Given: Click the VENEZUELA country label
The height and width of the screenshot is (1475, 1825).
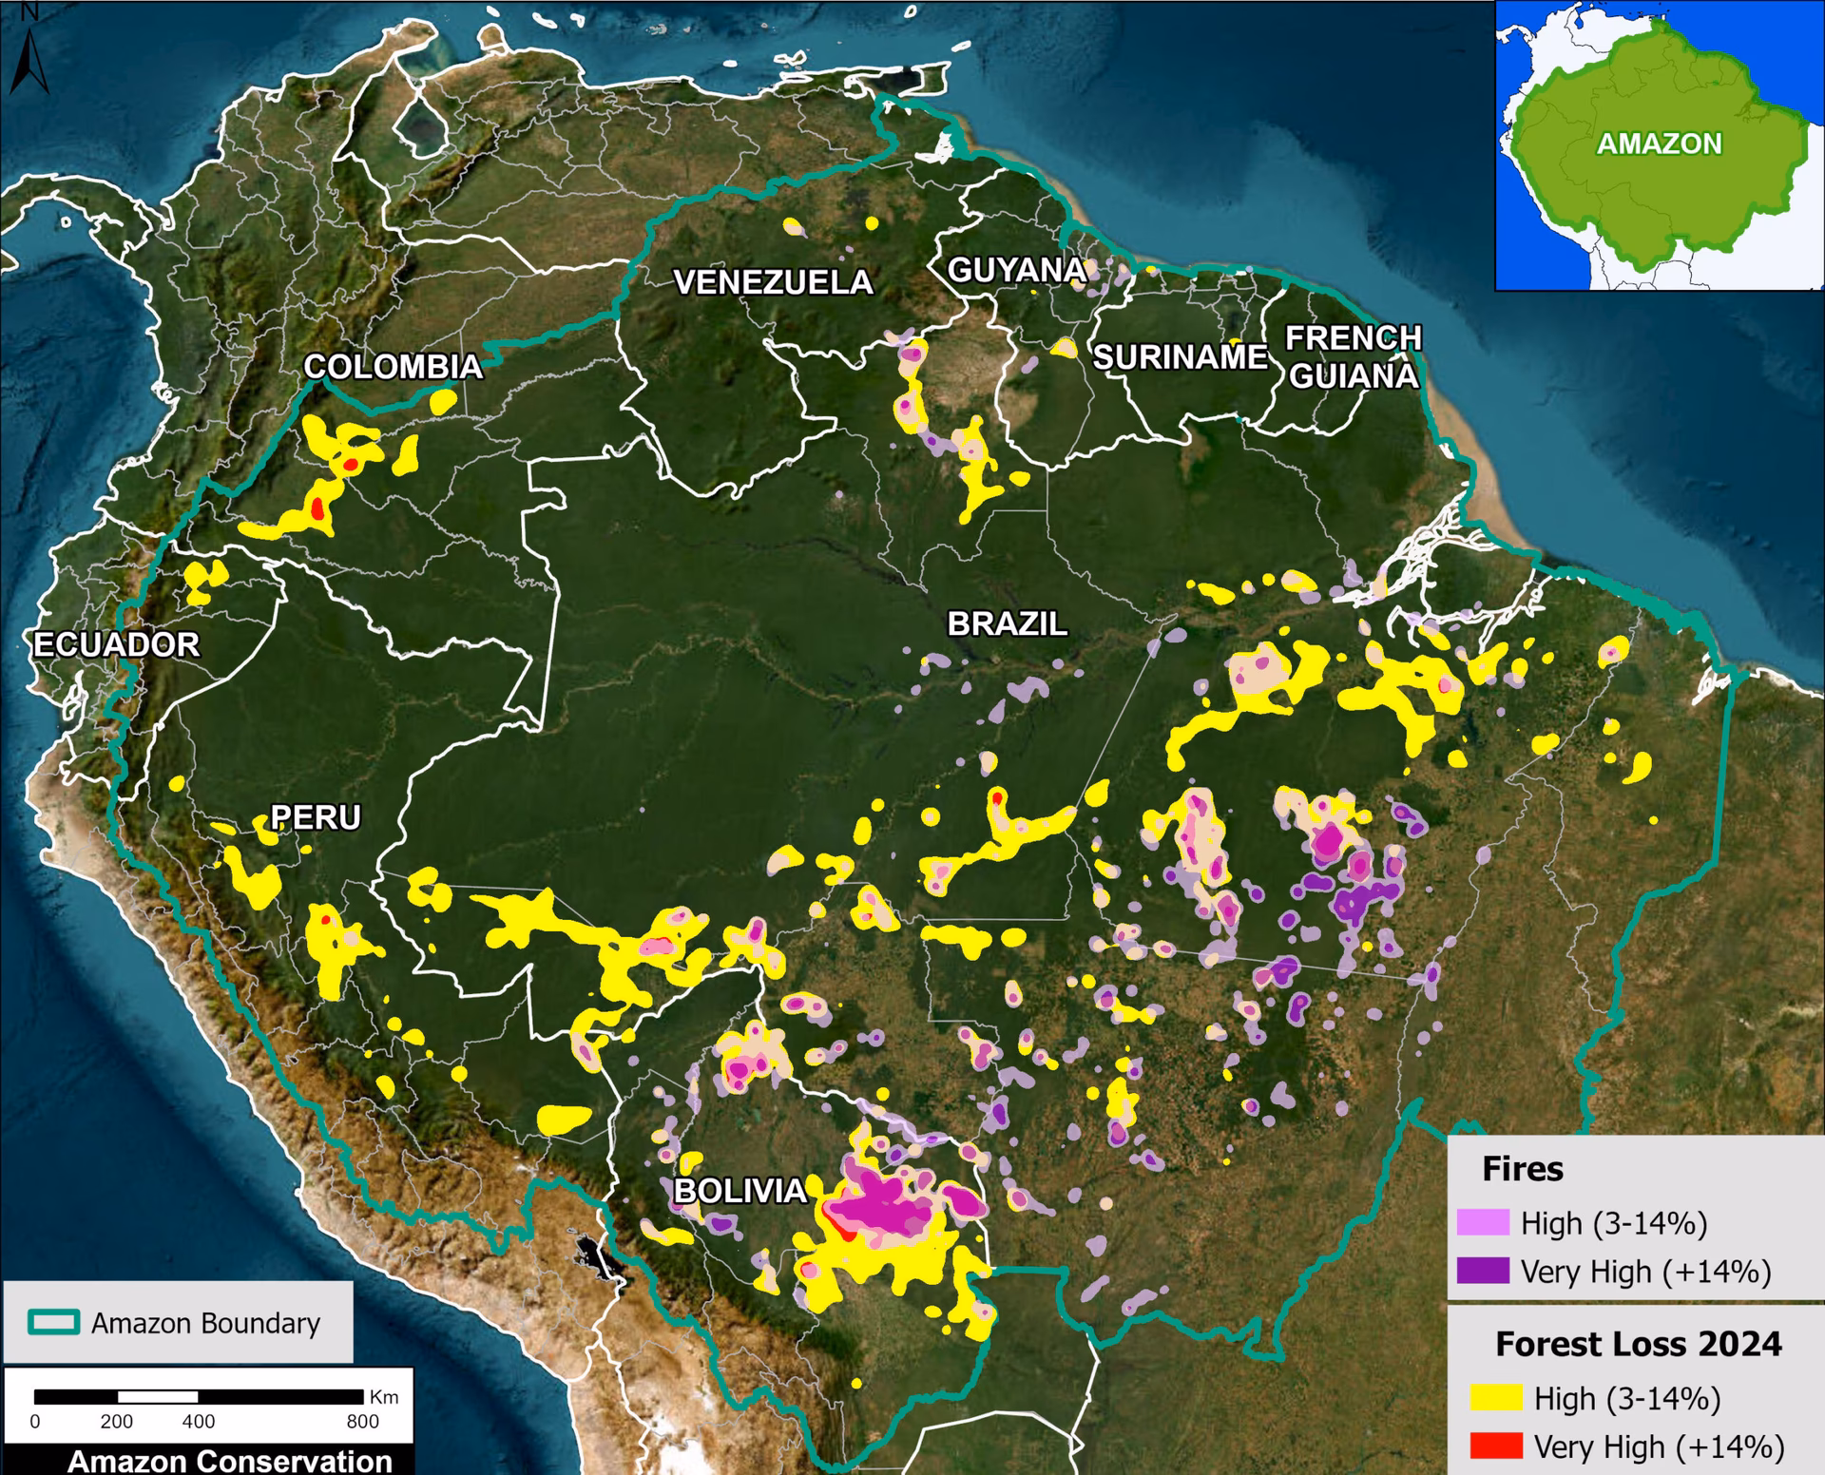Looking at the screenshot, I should pyautogui.click(x=772, y=282).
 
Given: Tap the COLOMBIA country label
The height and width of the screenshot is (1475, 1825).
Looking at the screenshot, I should pyautogui.click(x=392, y=367).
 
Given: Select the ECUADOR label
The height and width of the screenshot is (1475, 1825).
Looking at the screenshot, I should pyautogui.click(x=116, y=645).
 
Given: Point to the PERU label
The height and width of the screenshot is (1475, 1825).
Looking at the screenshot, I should pyautogui.click(x=316, y=817).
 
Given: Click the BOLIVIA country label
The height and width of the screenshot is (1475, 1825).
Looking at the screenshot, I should pyautogui.click(x=740, y=1191).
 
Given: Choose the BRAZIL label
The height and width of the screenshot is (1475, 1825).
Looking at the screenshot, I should pyautogui.click(x=1007, y=624).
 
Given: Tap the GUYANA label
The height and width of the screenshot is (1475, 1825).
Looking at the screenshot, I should pyautogui.click(x=1016, y=271).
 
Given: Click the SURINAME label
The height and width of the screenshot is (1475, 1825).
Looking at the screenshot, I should pyautogui.click(x=1180, y=357).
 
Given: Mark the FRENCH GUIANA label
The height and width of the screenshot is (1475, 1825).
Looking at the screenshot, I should pyautogui.click(x=1353, y=357).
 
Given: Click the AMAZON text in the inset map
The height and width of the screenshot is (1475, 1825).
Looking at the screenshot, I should pyautogui.click(x=1659, y=144).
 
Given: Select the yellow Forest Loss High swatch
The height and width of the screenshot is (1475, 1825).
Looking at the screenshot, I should pyautogui.click(x=1496, y=1398).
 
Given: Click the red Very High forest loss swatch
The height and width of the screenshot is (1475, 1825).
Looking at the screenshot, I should pyautogui.click(x=1496, y=1446).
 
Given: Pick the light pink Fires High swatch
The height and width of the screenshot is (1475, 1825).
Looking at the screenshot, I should pyautogui.click(x=1483, y=1222).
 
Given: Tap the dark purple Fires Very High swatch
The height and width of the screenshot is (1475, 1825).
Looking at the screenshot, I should pyautogui.click(x=1483, y=1271).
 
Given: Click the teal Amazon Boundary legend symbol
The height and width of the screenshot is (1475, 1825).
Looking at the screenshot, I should pyautogui.click(x=53, y=1323).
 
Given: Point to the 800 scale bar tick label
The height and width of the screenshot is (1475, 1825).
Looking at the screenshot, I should pyautogui.click(x=362, y=1422).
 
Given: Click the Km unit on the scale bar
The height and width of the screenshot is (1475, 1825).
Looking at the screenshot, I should pyautogui.click(x=384, y=1397).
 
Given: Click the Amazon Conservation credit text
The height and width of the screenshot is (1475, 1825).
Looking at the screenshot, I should pyautogui.click(x=229, y=1461).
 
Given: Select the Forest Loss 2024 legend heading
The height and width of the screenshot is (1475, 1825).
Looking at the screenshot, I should pyautogui.click(x=1638, y=1344).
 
